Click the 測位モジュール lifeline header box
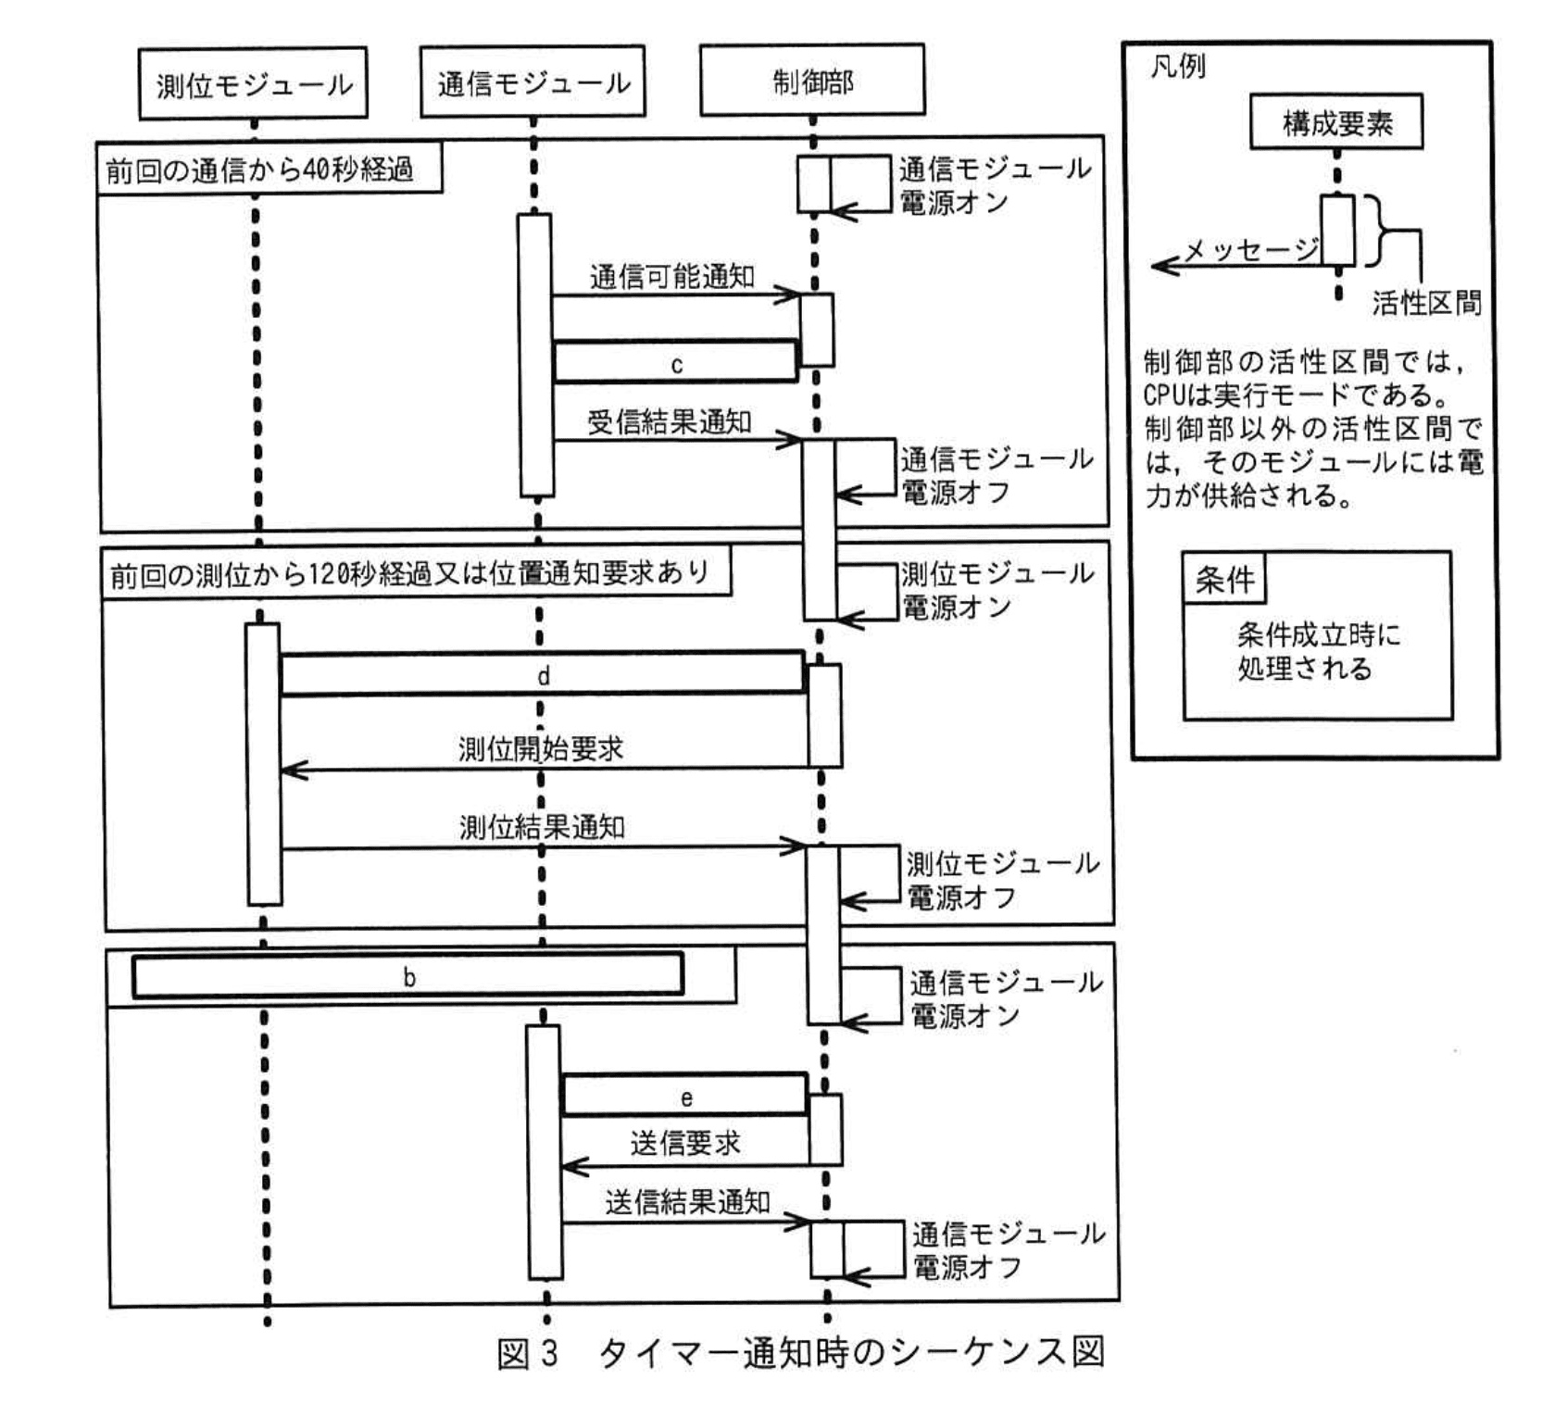pos(253,84)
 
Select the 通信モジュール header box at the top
pos(533,82)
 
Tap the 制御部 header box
pos(812,81)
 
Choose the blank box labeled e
pos(685,1097)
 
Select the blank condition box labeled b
pos(408,976)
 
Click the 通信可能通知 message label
pos(671,276)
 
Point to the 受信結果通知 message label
pos(669,422)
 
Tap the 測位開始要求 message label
pos(541,748)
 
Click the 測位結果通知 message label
pos(542,827)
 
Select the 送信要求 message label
pos(685,1144)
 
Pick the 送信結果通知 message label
pos(687,1202)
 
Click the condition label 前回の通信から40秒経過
pos(260,169)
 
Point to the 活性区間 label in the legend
pos(1426,303)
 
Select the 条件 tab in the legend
pos(1224,580)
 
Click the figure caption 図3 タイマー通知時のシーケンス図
pos(800,1353)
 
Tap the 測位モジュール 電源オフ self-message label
pos(1002,881)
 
